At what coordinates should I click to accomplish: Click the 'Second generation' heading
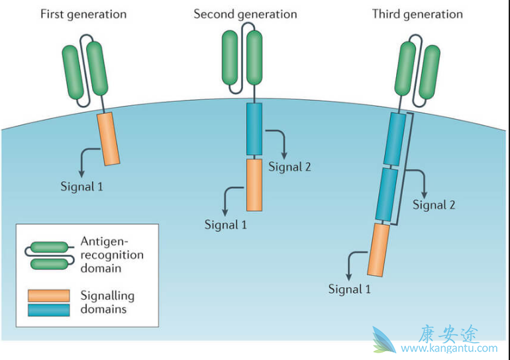(245, 14)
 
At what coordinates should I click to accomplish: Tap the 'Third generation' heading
(417, 14)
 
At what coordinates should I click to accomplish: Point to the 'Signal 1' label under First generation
(81, 186)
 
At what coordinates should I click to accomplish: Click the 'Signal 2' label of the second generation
(289, 166)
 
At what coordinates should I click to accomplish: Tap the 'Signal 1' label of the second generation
(225, 224)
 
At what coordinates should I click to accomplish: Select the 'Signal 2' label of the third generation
(434, 204)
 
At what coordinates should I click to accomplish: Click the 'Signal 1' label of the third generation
(350, 289)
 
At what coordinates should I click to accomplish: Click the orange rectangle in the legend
(48, 295)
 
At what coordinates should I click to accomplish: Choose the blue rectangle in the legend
(48, 309)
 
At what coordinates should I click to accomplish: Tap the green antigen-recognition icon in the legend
(48, 255)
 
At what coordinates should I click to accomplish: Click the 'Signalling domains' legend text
(107, 302)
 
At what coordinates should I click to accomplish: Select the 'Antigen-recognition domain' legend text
(111, 255)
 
